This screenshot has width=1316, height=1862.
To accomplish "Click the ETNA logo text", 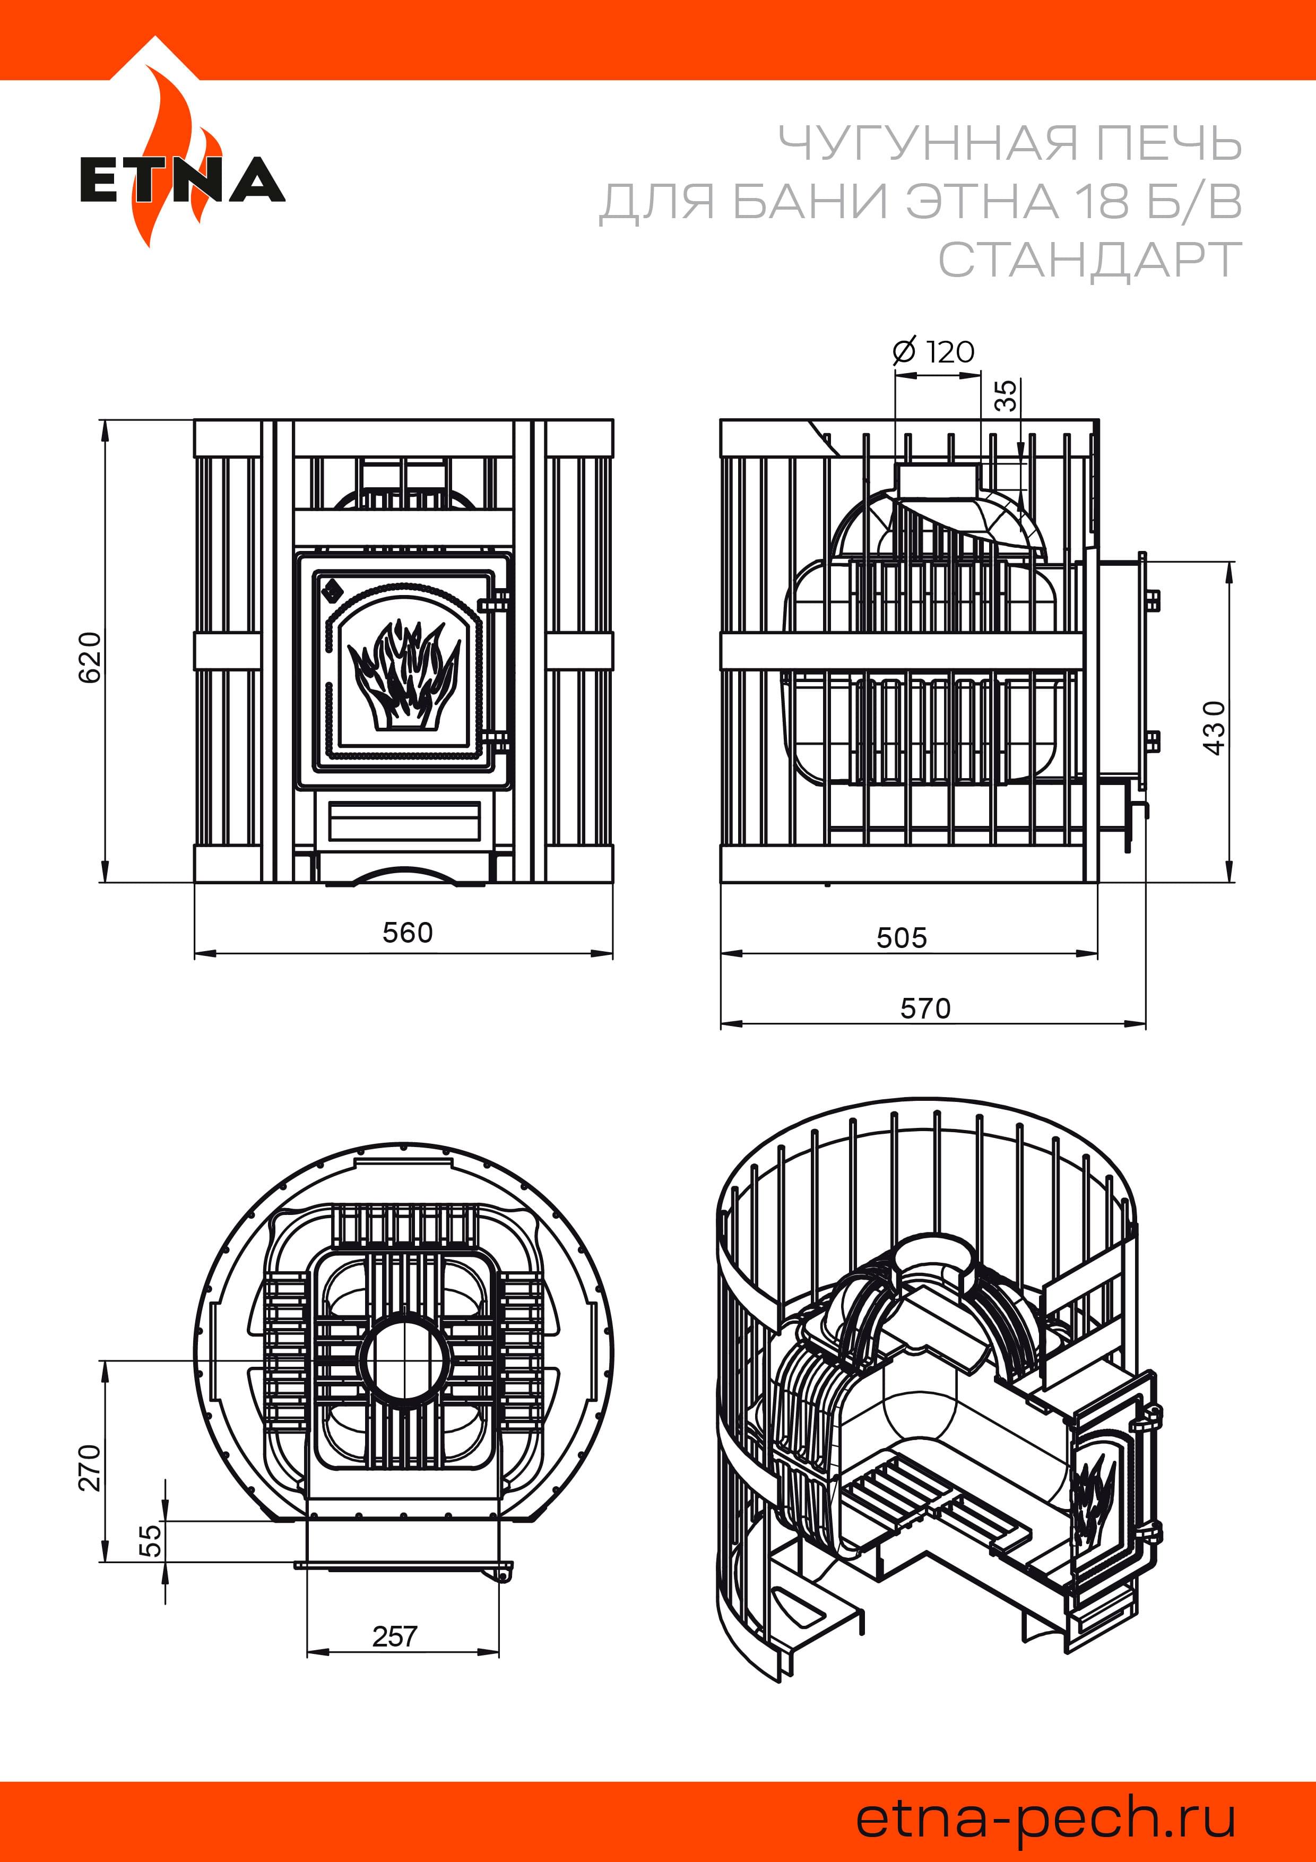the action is pos(183,179).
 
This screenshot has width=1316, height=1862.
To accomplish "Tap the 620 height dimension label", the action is pos(90,657).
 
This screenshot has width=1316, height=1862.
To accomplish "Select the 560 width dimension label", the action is pos(408,933).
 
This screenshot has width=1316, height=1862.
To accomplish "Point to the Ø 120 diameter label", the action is pos(933,352).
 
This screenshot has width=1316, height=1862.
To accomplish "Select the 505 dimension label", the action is pos(902,938).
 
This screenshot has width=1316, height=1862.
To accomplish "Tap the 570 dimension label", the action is pos(925,1009).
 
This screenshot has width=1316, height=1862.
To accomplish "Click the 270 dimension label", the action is pos(90,1467).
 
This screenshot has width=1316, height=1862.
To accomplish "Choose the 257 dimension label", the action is pos(395,1636).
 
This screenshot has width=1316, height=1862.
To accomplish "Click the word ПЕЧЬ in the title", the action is pos(1168,143).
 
